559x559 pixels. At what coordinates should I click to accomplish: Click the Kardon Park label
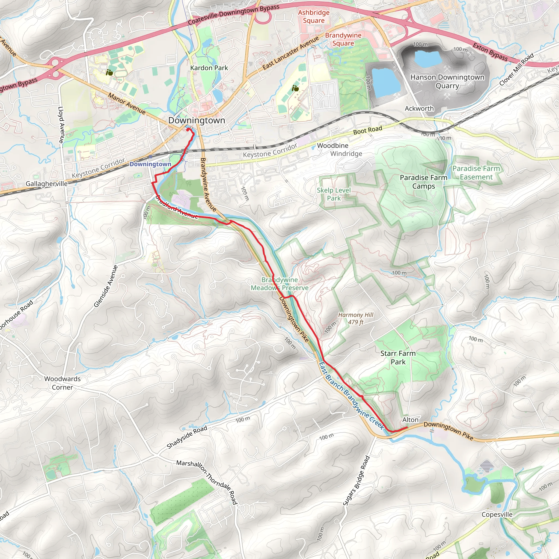209,68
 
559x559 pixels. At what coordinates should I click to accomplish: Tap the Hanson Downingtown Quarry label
447,81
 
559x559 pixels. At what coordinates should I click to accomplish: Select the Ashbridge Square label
314,16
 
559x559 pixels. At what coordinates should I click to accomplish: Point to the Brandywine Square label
343,39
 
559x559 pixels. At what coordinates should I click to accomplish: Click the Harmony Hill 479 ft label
356,318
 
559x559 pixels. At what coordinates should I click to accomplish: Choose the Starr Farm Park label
398,357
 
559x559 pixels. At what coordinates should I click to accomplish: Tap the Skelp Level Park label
334,194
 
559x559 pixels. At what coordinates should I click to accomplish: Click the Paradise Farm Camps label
423,182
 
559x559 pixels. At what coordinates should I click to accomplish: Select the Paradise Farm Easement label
476,173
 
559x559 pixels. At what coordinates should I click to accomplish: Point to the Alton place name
410,420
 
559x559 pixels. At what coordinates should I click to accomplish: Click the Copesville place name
497,515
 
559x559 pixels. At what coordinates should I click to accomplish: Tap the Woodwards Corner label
63,383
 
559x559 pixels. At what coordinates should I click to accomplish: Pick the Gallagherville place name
47,184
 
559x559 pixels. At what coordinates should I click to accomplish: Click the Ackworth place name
419,109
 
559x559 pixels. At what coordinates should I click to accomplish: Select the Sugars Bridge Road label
356,481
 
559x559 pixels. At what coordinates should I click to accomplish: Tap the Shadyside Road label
187,437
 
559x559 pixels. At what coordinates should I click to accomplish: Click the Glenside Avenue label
106,286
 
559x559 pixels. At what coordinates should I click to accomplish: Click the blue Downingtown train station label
150,164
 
